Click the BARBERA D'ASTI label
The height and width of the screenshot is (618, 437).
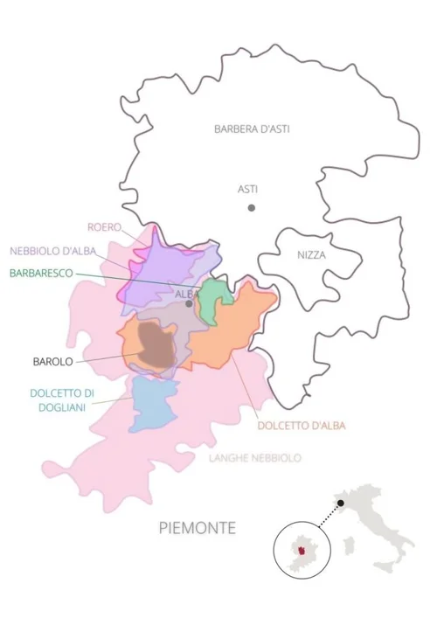tap(252, 128)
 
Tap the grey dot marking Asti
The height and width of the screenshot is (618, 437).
tap(251, 207)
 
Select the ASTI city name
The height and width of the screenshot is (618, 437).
tap(248, 189)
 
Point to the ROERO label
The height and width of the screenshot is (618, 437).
tap(104, 228)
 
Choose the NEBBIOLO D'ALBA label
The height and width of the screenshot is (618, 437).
tap(53, 251)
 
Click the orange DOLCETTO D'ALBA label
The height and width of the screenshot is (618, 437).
tap(302, 426)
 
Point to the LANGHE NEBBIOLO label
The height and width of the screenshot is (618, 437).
tap(255, 457)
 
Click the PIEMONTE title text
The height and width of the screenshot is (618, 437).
tap(198, 528)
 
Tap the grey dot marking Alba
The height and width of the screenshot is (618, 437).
tap(188, 304)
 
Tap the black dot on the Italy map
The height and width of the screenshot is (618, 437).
tap(341, 501)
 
